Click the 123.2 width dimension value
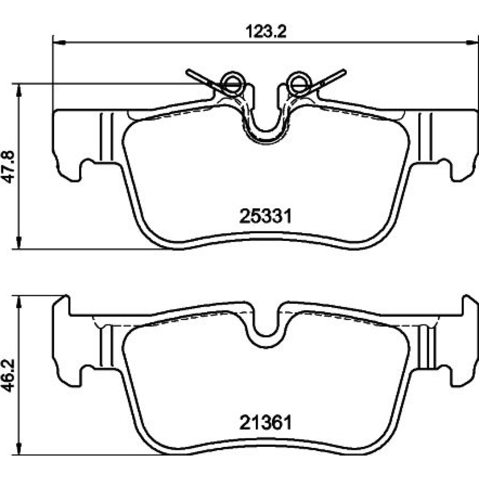(266, 32)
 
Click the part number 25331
(265, 217)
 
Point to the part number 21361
(265, 423)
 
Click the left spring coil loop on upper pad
(233, 82)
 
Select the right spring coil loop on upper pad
(298, 82)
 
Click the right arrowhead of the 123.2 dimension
(473, 43)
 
